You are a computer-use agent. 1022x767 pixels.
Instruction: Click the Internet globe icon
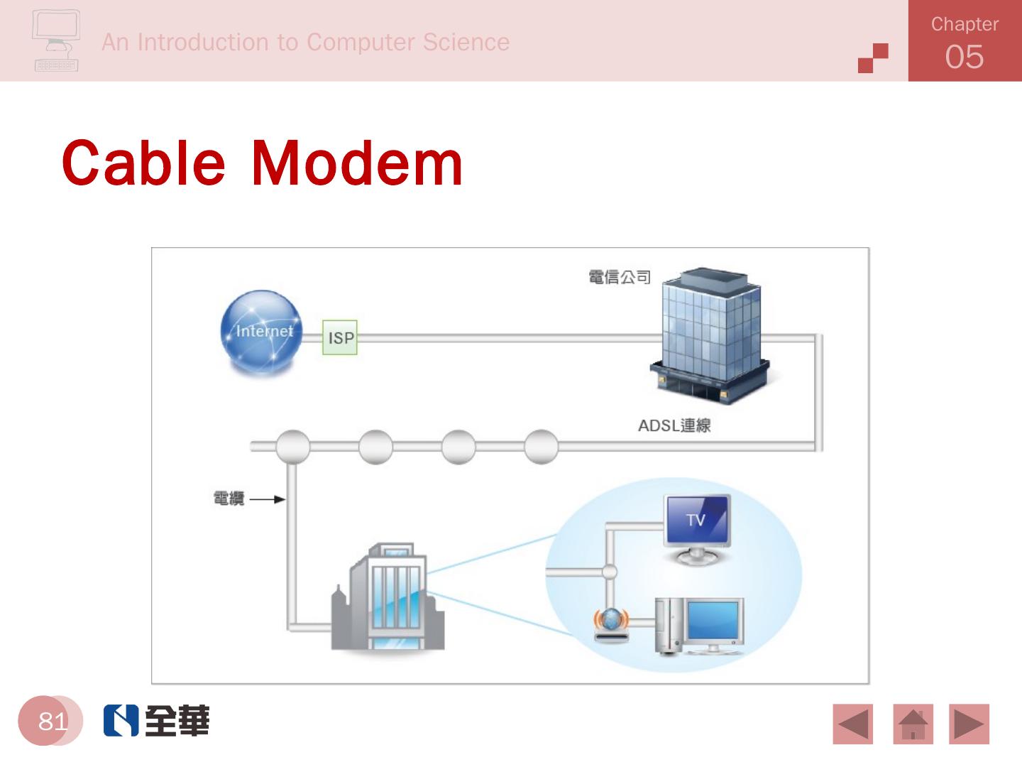point(262,332)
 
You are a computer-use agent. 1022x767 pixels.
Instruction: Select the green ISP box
point(340,338)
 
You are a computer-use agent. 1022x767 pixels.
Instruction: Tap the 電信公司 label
point(620,277)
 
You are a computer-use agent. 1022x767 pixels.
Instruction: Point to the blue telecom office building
point(710,334)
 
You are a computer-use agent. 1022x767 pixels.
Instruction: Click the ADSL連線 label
point(674,425)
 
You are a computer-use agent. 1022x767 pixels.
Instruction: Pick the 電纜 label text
point(229,499)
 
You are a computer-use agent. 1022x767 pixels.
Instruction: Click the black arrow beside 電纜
point(268,499)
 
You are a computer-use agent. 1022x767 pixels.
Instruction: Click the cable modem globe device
point(610,625)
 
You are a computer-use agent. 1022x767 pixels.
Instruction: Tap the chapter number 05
point(964,57)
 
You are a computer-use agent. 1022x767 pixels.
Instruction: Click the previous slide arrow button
point(853,724)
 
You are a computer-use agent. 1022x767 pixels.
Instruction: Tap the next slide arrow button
point(969,724)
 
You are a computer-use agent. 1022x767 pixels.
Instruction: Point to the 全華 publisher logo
point(157,721)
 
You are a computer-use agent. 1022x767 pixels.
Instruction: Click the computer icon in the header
point(56,40)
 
